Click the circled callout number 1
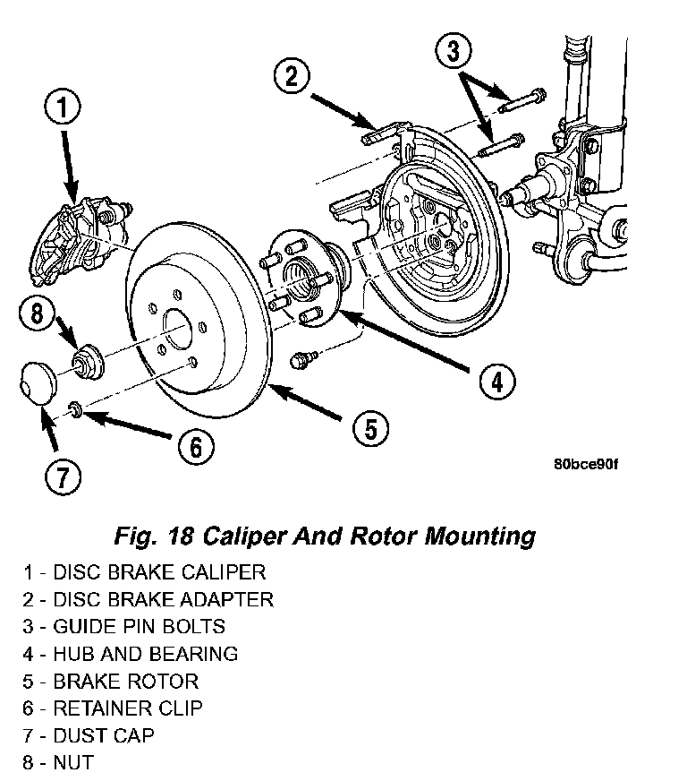pyautogui.click(x=63, y=107)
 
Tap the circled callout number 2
pyautogui.click(x=292, y=77)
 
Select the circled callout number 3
pyautogui.click(x=454, y=50)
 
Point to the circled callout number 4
pyautogui.click(x=497, y=382)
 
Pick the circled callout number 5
pyautogui.click(x=371, y=428)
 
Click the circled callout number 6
pyautogui.click(x=196, y=446)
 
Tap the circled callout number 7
pyautogui.click(x=63, y=476)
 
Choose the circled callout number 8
pyautogui.click(x=37, y=313)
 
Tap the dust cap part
pyautogui.click(x=38, y=382)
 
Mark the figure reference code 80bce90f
pyautogui.click(x=586, y=464)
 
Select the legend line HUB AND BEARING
pyautogui.click(x=131, y=654)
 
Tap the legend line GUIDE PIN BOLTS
pyautogui.click(x=123, y=626)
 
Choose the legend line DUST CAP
pyautogui.click(x=89, y=735)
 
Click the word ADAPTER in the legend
pyautogui.click(x=226, y=599)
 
